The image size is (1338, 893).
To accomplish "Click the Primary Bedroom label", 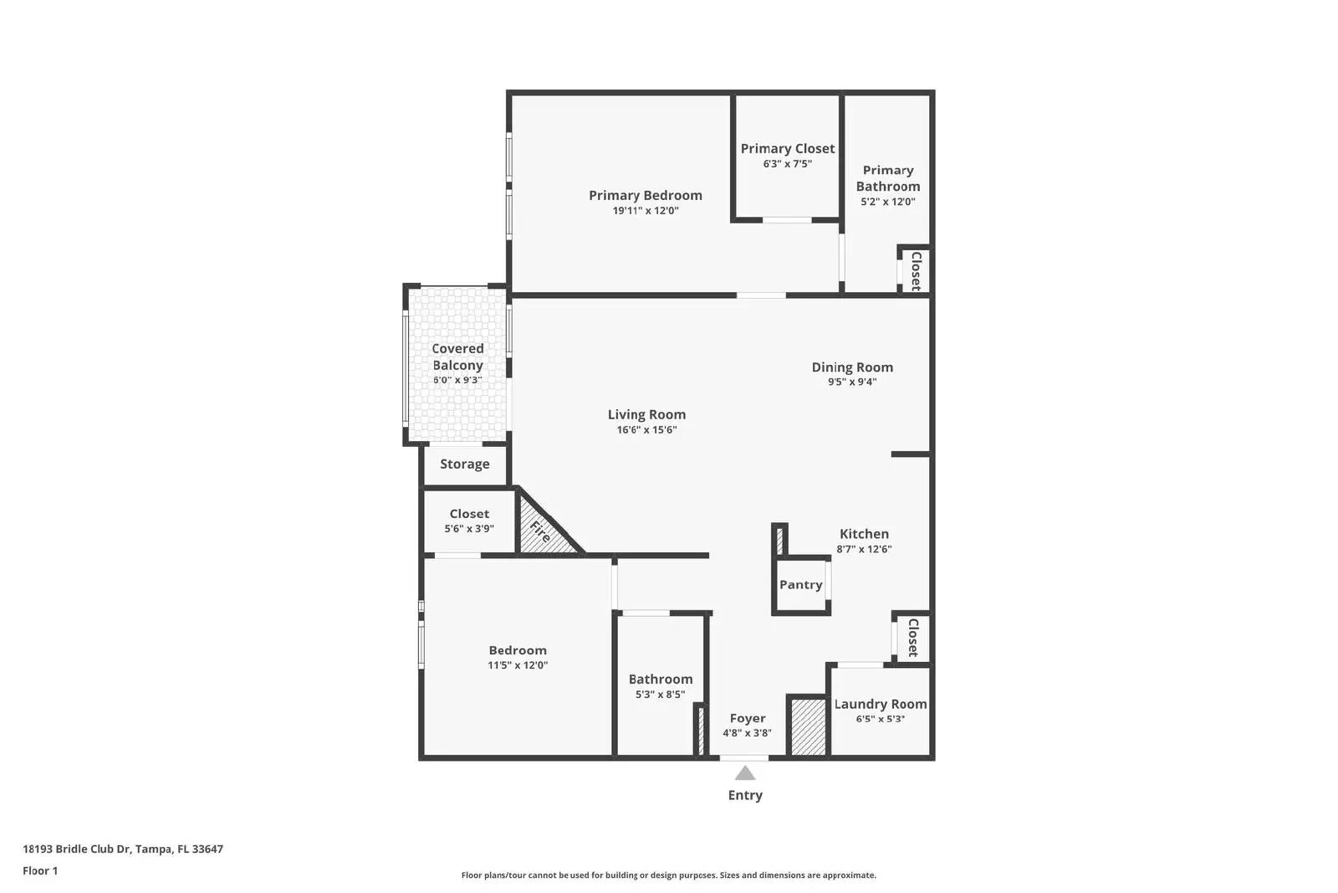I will tap(645, 195).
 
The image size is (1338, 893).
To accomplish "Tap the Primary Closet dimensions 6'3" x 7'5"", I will tap(787, 164).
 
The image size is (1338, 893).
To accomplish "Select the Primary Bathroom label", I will tap(887, 178).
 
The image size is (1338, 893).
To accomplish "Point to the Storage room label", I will tap(464, 464).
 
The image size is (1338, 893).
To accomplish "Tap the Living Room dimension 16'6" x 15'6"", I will tap(646, 430).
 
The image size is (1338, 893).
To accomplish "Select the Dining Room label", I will tap(852, 367).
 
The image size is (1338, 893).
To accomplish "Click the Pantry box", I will tap(800, 585).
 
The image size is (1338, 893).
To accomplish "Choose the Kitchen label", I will tap(864, 534).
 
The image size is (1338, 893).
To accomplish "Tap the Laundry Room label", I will tap(881, 704).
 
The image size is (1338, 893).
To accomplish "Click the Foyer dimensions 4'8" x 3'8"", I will tap(747, 733).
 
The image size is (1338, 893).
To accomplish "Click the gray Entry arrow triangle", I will tap(745, 773).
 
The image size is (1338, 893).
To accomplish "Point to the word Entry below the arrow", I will tap(745, 795).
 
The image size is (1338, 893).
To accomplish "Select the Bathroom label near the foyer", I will tap(661, 680).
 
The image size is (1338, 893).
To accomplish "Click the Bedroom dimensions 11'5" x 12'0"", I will tap(518, 665).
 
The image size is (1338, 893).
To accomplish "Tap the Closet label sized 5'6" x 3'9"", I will tap(469, 514).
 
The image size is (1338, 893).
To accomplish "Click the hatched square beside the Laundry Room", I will tap(808, 726).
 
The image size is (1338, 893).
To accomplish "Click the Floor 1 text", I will tap(40, 870).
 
